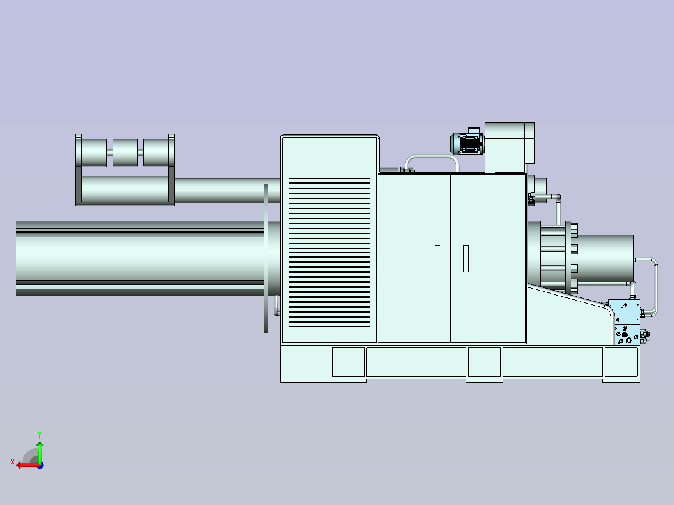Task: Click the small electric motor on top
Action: pos(467,141)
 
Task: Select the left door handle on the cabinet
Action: pos(437,259)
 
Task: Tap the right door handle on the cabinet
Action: pos(466,259)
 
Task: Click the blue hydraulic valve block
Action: pos(625,322)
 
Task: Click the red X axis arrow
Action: pos(28,466)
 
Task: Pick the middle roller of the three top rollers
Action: pos(125,152)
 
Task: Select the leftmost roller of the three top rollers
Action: pos(94,152)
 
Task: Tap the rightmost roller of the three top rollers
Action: pos(156,152)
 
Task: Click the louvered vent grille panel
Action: pos(329,250)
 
